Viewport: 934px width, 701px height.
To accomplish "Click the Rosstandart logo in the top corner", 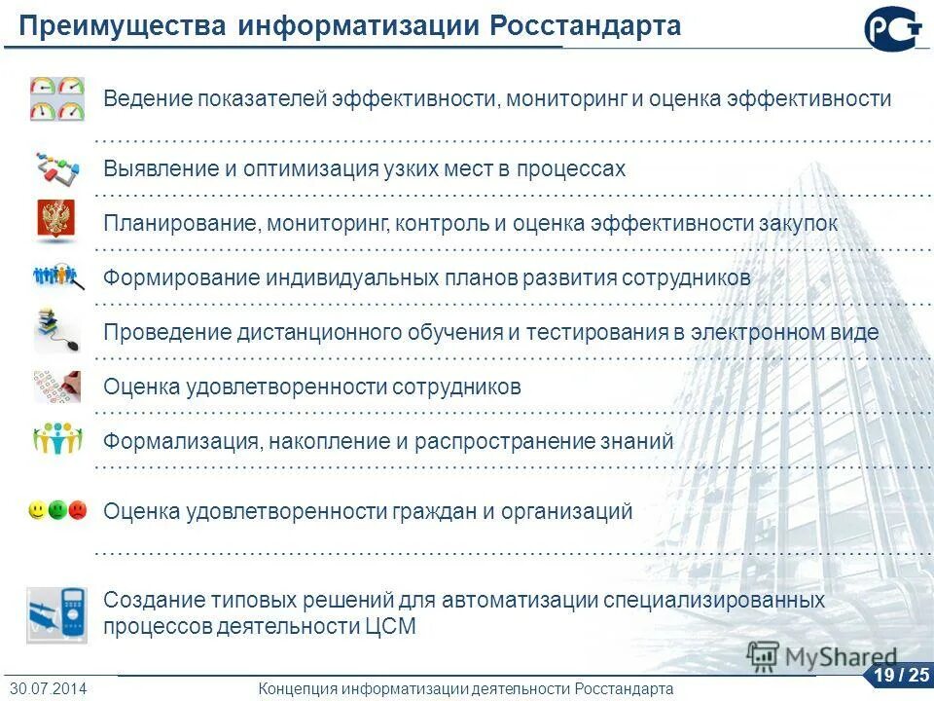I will pyautogui.click(x=893, y=28).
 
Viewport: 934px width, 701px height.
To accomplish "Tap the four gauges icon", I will pyautogui.click(x=57, y=98).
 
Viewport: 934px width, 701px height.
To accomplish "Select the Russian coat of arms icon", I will pyautogui.click(x=56, y=220).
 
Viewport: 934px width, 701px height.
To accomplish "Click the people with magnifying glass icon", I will pyautogui.click(x=58, y=277).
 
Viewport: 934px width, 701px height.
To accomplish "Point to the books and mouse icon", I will pyautogui.click(x=56, y=331).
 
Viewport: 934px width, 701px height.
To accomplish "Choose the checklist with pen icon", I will pyautogui.click(x=56, y=387).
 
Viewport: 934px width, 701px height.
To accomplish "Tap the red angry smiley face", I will pyautogui.click(x=78, y=509).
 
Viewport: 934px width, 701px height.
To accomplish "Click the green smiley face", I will pyautogui.click(x=57, y=509).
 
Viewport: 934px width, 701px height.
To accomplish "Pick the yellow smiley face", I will pyautogui.click(x=37, y=509).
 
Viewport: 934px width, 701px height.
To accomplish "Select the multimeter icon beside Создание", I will pyautogui.click(x=56, y=614).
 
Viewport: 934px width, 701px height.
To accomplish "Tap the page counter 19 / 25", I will pyautogui.click(x=900, y=675).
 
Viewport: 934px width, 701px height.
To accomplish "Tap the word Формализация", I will pyautogui.click(x=180, y=441).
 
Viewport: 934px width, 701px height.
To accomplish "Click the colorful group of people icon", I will pyautogui.click(x=57, y=439).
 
